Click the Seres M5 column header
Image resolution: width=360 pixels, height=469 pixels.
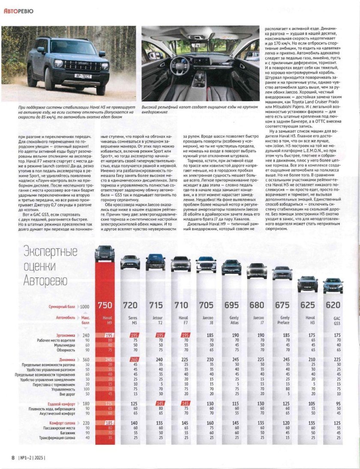click(x=133, y=320)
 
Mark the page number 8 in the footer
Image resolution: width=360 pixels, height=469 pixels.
click(x=13, y=457)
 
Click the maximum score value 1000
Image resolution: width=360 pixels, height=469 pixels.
click(x=85, y=307)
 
